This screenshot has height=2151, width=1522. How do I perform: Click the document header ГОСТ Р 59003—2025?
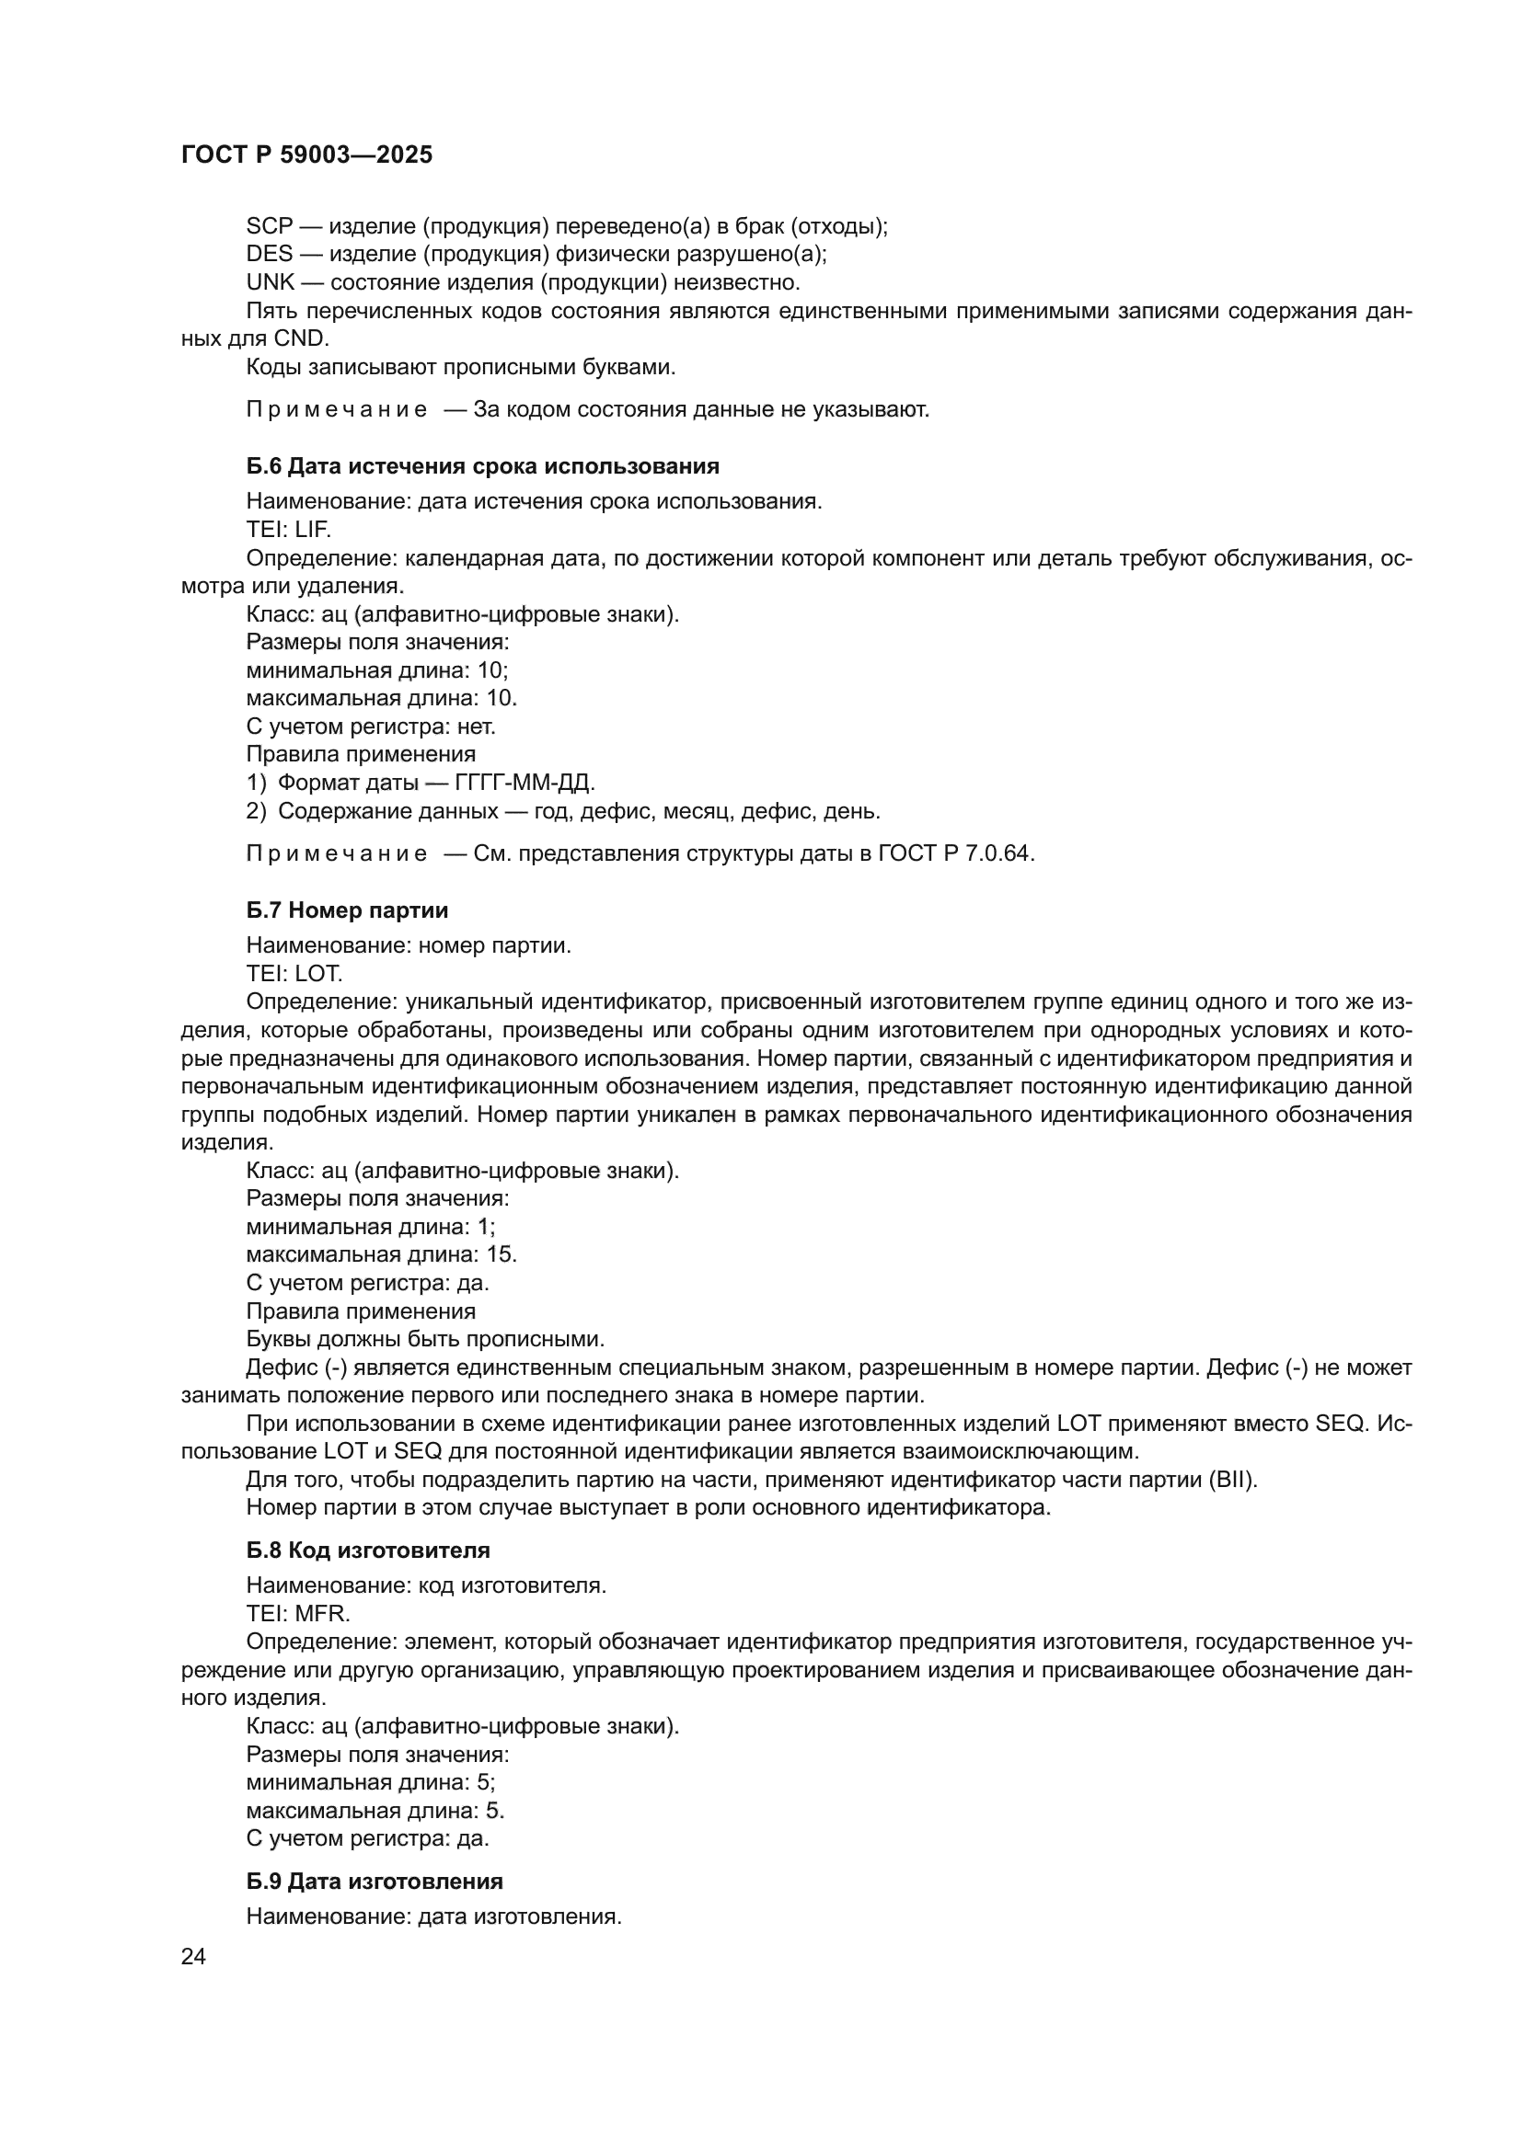pos(306,154)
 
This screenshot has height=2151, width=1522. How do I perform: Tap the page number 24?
pos(193,1956)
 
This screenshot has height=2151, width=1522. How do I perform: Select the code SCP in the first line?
pos(269,226)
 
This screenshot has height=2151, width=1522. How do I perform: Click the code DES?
pos(269,254)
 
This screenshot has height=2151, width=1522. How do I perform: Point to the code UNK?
pos(270,282)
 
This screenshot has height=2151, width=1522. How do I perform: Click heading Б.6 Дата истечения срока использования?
pos(483,466)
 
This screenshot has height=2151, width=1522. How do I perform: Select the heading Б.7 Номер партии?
pos(347,910)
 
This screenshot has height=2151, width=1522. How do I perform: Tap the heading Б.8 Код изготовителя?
pos(367,1550)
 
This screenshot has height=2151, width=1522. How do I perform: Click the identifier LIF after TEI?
pos(312,530)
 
